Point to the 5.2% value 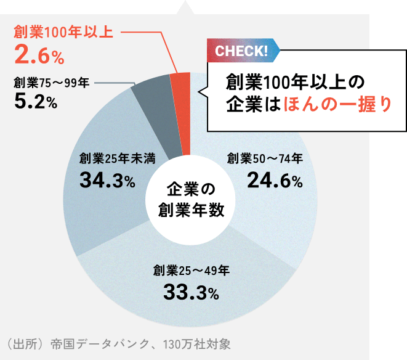point(35,102)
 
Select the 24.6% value point(275,181)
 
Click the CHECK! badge point(241,51)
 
